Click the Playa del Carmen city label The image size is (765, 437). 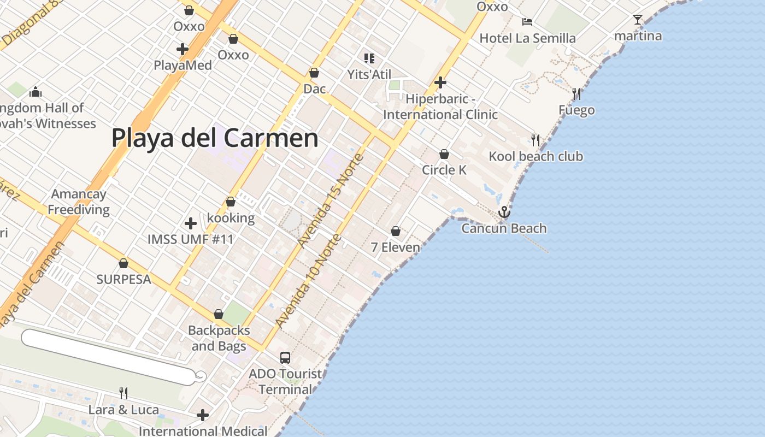215,138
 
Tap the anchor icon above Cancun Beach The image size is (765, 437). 504,212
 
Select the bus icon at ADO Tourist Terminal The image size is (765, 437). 285,358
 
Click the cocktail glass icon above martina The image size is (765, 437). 638,20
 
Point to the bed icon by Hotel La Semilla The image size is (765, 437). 527,22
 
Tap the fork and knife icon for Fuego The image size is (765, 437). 576,94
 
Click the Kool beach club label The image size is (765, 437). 535,157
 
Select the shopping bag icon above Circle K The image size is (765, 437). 444,154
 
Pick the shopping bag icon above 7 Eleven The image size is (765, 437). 396,232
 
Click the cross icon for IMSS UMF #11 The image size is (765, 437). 191,223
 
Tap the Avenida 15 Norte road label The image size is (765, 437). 331,200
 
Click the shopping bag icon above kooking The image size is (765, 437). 231,202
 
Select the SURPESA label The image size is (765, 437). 123,280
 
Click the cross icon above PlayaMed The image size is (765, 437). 183,49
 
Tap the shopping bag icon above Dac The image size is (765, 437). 314,73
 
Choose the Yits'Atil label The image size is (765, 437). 369,74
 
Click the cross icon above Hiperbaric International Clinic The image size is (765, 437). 440,82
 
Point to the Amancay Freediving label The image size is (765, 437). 79,202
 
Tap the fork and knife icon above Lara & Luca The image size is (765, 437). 123,393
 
